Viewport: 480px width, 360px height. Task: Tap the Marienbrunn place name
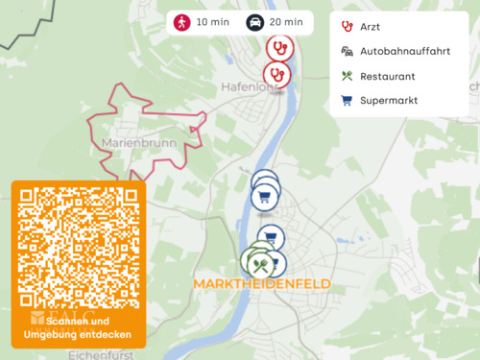(x=133, y=143)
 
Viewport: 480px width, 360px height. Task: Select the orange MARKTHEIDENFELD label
(x=262, y=284)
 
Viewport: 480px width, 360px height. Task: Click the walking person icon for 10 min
(x=180, y=22)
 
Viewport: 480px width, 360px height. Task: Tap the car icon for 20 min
(x=255, y=22)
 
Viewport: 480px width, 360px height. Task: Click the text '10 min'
(x=213, y=22)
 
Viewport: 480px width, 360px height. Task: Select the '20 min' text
(x=287, y=22)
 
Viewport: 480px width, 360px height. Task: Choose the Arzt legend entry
(x=370, y=27)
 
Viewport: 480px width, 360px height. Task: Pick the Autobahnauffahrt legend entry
(x=404, y=51)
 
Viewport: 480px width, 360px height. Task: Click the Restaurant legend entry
(x=387, y=76)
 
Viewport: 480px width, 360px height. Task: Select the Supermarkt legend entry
(x=389, y=100)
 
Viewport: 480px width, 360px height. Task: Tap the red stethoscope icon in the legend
(x=347, y=27)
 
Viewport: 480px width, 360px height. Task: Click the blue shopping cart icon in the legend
(x=347, y=100)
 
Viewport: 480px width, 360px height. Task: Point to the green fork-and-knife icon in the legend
(x=347, y=76)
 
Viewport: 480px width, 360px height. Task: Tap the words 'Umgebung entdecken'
(x=79, y=334)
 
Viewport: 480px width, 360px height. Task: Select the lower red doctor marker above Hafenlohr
(x=276, y=73)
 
